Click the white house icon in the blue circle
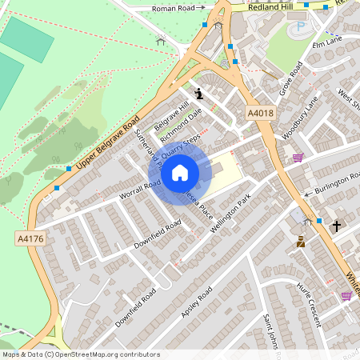[180, 173]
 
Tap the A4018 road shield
[261, 114]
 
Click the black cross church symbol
[336, 226]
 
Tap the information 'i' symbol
[198, 94]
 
